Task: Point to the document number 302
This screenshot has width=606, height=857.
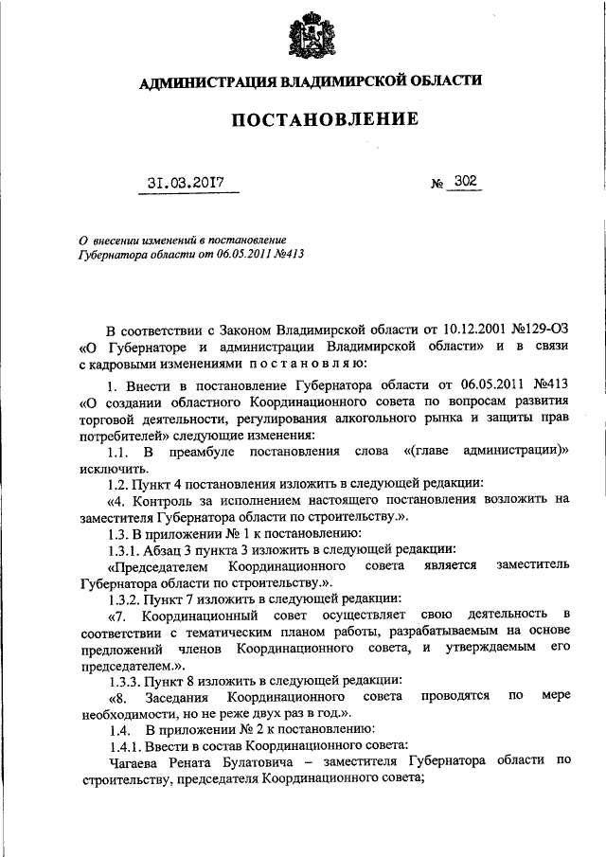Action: pyautogui.click(x=465, y=179)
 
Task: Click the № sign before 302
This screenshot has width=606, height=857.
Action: pyautogui.click(x=437, y=183)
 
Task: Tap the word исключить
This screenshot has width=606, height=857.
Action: pyautogui.click(x=112, y=468)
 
